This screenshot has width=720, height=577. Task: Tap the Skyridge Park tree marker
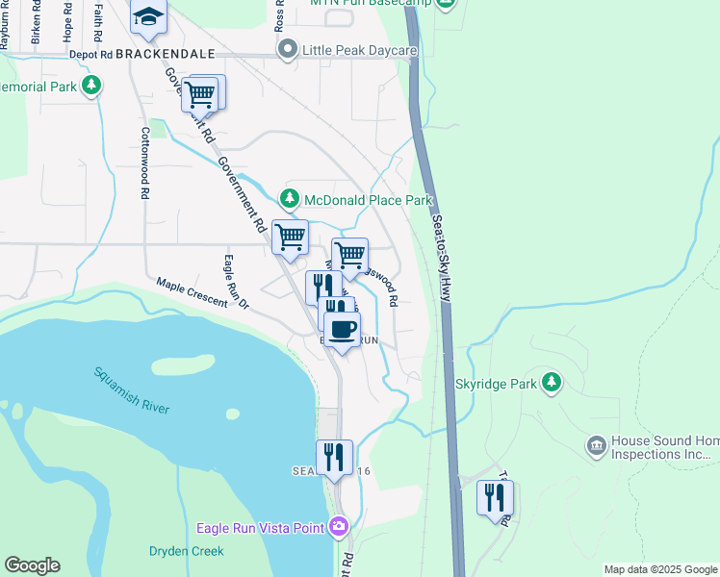coord(551,383)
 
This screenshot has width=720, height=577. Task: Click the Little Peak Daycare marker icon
coord(286,49)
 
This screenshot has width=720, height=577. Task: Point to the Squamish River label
coord(132,390)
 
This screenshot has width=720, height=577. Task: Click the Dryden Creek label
coord(186,551)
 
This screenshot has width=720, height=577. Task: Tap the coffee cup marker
coord(342,330)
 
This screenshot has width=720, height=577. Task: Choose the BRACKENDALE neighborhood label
coord(164,56)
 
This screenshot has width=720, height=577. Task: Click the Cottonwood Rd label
coord(144,163)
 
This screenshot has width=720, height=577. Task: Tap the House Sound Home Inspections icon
coord(595,445)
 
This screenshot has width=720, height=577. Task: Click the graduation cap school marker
coord(148,16)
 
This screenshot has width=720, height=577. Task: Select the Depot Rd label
coord(90,56)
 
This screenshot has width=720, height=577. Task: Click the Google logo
coord(32,565)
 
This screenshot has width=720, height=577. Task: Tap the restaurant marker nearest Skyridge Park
coord(495,499)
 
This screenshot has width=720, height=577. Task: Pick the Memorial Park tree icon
coord(91,87)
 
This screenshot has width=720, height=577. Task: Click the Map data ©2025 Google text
coord(660,569)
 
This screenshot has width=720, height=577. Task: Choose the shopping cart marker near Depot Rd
coord(200,94)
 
